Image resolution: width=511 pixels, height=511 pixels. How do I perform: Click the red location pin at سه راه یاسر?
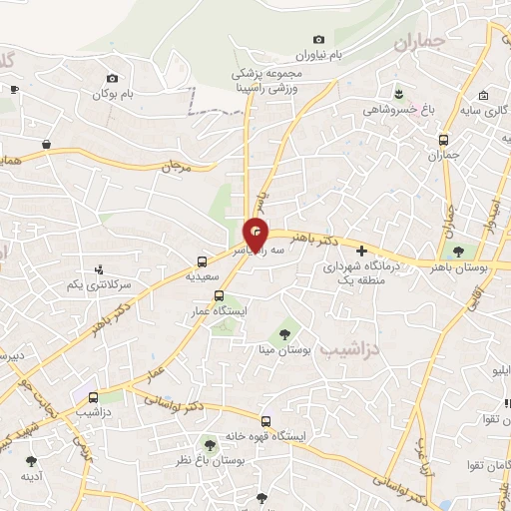pyautogui.click(x=256, y=233)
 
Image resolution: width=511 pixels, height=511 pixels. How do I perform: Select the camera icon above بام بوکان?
pyautogui.click(x=112, y=78)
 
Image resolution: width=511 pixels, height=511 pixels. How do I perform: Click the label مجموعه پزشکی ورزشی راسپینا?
pyautogui.click(x=266, y=81)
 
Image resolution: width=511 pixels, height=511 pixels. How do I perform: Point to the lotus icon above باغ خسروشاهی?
pyautogui.click(x=398, y=93)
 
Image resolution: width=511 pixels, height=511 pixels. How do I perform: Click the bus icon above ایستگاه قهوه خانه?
pyautogui.click(x=265, y=420)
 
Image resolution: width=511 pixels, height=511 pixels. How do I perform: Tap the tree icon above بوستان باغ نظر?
pyautogui.click(x=210, y=444)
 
